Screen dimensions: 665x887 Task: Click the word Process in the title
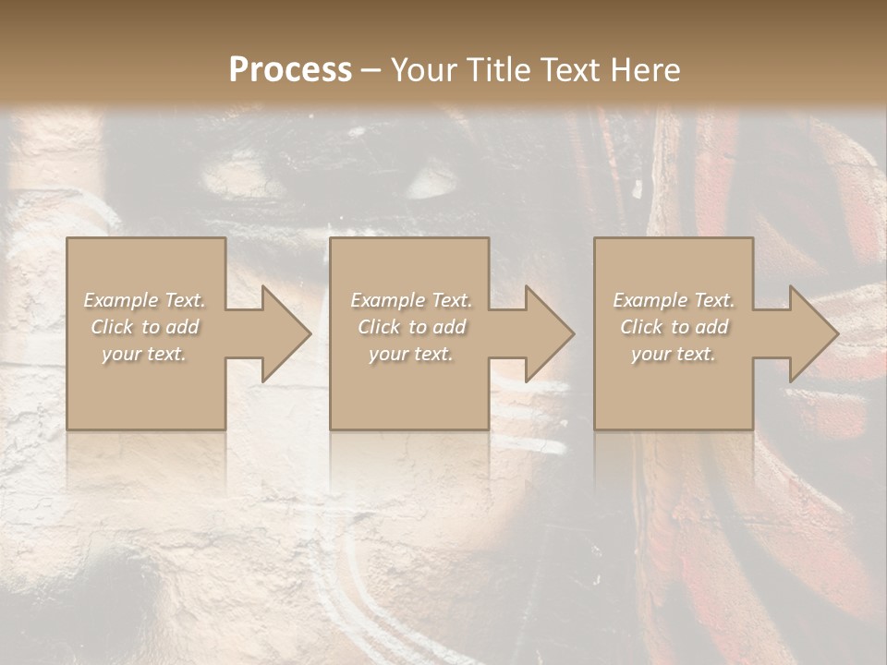point(290,70)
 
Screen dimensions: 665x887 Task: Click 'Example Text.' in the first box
point(144,300)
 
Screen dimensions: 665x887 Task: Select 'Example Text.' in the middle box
point(411,300)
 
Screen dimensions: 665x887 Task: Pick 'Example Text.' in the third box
point(674,300)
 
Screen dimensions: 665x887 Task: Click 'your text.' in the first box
point(144,354)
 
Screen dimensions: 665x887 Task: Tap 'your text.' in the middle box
point(411,354)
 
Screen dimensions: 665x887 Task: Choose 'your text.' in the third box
point(674,354)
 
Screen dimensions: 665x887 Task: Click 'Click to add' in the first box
point(144,327)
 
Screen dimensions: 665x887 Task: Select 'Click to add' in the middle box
point(411,327)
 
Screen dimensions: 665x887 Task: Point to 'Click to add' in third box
point(674,327)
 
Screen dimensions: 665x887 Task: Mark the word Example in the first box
point(121,300)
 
